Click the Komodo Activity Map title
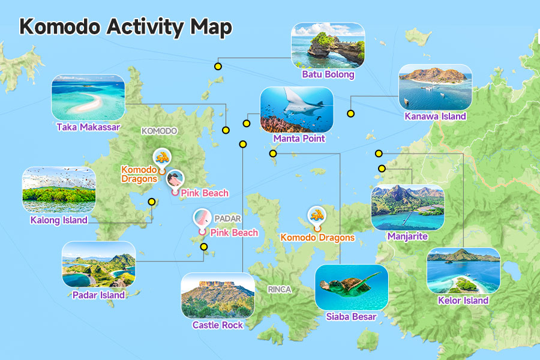(x=125, y=26)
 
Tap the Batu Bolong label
(x=328, y=75)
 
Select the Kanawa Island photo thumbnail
(x=435, y=87)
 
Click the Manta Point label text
(x=299, y=139)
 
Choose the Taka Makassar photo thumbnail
(x=88, y=97)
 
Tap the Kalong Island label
(x=59, y=220)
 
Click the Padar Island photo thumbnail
(x=98, y=265)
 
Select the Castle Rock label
(x=218, y=325)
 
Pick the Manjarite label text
(x=407, y=236)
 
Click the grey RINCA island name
(x=280, y=289)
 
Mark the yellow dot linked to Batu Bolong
(x=218, y=66)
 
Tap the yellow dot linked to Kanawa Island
(x=350, y=113)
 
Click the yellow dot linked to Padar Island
(x=204, y=247)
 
